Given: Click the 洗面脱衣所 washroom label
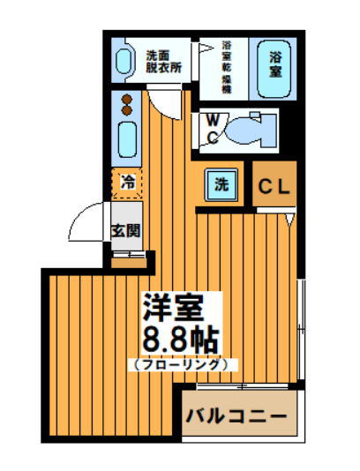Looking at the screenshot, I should pos(163,59).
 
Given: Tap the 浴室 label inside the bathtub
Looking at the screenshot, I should pos(275,65).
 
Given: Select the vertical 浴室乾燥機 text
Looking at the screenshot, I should pos(226,67).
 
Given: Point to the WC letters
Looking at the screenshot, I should pos(213,128).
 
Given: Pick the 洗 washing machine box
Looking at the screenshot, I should pos(221,185).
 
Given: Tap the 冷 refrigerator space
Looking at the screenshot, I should pos(128,183).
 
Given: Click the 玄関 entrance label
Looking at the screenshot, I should pos(125,231).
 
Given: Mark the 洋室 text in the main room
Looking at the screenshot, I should pos(174,307).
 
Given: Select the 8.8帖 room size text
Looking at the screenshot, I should pos(180,339).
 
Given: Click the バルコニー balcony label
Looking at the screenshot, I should pos(236,415).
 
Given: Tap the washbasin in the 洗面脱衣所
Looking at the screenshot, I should pos(126,60).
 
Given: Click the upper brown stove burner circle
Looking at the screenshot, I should pos(127,99).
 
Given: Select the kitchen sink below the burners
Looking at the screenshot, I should pos(127,141).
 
